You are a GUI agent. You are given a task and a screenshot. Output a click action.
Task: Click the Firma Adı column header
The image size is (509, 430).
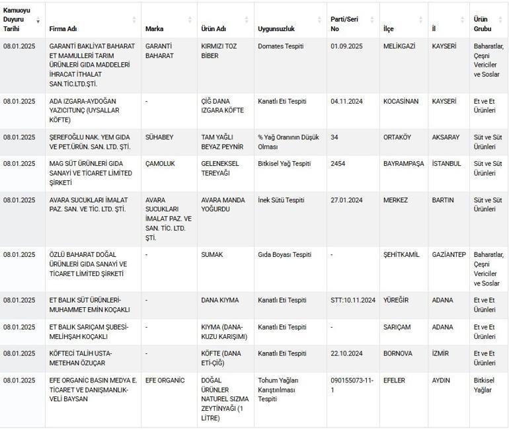[63, 29]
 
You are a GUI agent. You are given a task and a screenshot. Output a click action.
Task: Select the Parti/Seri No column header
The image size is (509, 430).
[344, 24]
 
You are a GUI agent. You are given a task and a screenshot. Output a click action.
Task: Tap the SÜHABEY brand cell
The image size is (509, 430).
[160, 137]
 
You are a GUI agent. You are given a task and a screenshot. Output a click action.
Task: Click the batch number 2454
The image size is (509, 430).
[339, 164]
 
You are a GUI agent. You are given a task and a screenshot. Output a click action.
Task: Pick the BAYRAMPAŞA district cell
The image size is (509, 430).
[403, 164]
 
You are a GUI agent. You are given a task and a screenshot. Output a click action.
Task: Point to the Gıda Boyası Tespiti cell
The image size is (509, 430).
[284, 254]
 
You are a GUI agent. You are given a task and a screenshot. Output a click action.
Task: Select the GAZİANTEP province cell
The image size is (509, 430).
[449, 254]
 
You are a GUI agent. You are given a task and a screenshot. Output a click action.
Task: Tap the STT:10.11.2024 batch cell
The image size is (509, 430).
[353, 300]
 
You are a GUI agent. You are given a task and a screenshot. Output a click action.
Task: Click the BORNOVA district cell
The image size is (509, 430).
[398, 353]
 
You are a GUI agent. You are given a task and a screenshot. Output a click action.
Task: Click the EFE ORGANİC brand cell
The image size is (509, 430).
[165, 380]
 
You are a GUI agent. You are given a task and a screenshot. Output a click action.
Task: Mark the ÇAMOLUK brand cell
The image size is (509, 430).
[160, 164]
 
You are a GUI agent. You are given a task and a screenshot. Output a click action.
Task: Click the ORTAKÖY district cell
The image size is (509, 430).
[397, 137]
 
